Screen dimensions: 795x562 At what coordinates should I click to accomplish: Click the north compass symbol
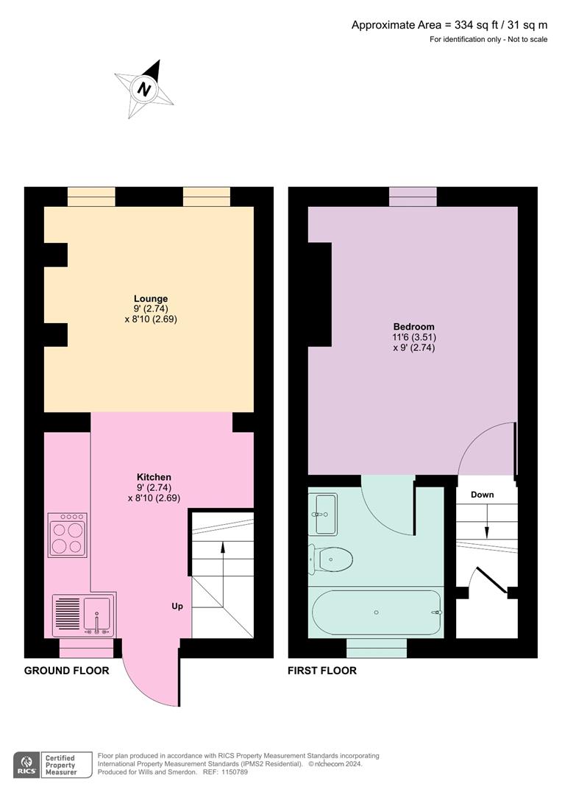(145, 89)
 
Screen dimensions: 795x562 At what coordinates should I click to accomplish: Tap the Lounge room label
(151, 299)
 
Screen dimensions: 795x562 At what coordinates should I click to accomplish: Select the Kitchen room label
(154, 477)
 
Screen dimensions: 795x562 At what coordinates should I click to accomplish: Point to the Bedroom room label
(413, 327)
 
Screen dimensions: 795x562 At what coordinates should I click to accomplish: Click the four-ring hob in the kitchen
(67, 535)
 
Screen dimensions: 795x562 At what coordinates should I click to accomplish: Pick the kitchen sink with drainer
(84, 615)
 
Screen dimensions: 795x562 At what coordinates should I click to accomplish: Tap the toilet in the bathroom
(332, 559)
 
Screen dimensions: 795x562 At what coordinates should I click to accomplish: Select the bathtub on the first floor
(377, 612)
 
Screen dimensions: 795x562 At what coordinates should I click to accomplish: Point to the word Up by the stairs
(177, 607)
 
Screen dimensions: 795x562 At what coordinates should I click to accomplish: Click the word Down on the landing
(483, 495)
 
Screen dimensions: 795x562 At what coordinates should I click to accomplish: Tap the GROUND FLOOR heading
(66, 671)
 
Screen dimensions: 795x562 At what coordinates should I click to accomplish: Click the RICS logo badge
(29, 764)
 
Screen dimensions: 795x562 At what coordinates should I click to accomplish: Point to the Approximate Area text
(449, 25)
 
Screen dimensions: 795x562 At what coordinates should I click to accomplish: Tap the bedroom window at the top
(413, 197)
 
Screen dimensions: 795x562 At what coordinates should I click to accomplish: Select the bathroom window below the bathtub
(376, 648)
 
